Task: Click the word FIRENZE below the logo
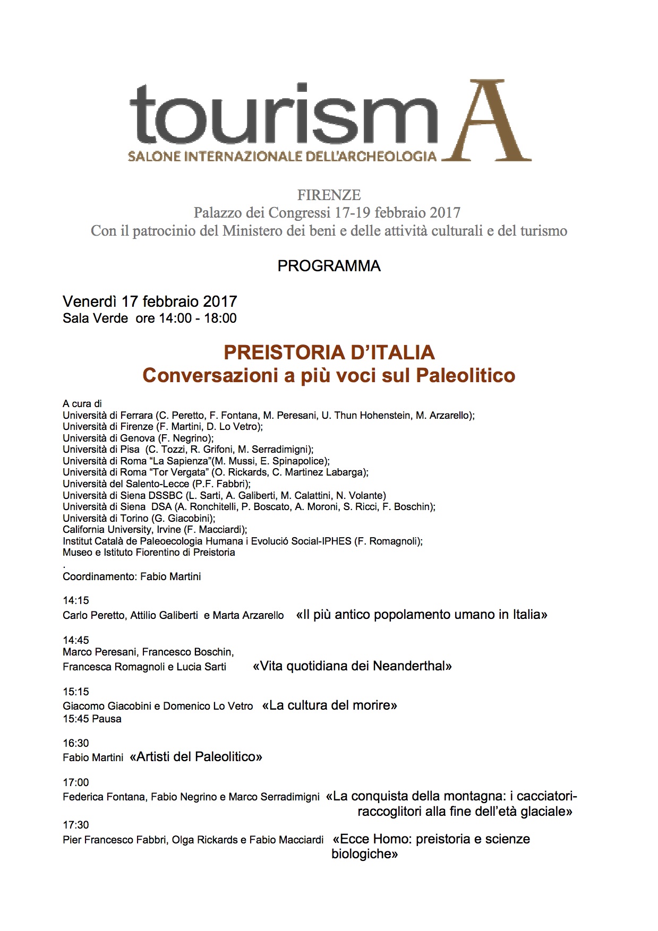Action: [329, 195]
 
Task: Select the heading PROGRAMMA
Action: [329, 266]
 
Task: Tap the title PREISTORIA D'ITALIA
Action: [329, 352]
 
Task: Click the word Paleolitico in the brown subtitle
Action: [465, 375]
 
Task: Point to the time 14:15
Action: [76, 600]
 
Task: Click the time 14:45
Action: [76, 640]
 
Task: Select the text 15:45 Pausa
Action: [92, 719]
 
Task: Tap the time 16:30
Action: [76, 743]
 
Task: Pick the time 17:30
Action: [76, 825]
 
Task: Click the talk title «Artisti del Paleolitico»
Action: [195, 756]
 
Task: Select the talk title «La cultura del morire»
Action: [330, 705]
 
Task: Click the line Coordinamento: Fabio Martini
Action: [132, 576]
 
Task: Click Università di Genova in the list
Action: [108, 438]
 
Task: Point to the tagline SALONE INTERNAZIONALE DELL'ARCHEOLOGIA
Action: [282, 156]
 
